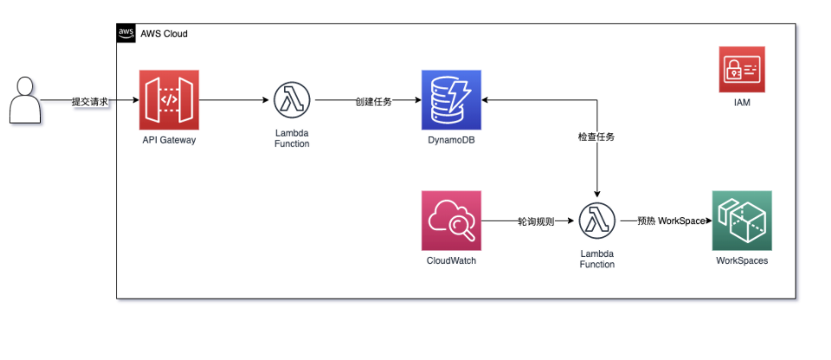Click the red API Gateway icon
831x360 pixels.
169,100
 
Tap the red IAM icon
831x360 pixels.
741,70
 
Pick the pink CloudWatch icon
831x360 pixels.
451,221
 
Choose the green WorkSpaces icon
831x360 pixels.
741,221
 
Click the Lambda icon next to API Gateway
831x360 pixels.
291,100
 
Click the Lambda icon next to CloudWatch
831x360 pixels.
596,221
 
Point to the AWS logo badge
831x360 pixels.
126,34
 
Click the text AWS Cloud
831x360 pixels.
164,34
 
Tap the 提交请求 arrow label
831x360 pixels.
90,101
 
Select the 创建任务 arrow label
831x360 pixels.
373,101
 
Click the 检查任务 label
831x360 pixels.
596,137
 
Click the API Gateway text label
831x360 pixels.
169,139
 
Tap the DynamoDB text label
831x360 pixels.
451,139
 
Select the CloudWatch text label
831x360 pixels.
451,260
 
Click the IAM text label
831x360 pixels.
741,103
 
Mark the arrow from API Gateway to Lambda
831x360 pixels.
234,100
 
